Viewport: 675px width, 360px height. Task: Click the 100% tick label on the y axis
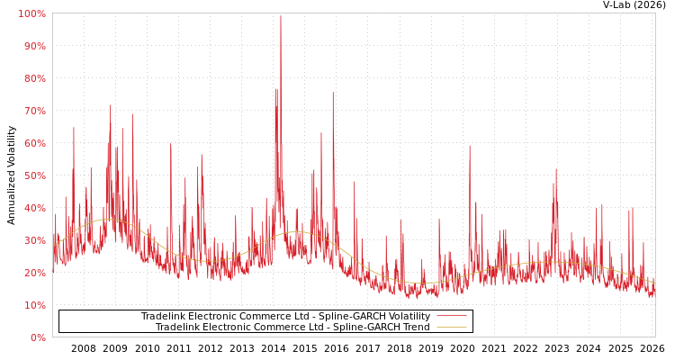pyautogui.click(x=32, y=14)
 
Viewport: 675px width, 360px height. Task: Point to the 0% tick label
pyautogui.click(x=38, y=338)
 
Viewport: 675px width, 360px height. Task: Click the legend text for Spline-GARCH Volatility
pyautogui.click(x=285, y=317)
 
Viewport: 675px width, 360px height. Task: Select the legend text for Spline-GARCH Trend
pyautogui.click(x=292, y=328)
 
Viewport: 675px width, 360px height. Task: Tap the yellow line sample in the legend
pyautogui.click(x=451, y=328)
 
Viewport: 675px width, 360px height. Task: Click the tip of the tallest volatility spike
pyautogui.click(x=280, y=15)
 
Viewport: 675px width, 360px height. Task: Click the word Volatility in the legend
pyautogui.click(x=408, y=317)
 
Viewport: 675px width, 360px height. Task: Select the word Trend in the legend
pyautogui.click(x=415, y=328)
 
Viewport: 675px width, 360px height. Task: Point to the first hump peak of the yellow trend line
pyautogui.click(x=109, y=220)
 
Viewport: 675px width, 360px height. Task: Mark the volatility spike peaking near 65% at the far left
pyautogui.click(x=74, y=128)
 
